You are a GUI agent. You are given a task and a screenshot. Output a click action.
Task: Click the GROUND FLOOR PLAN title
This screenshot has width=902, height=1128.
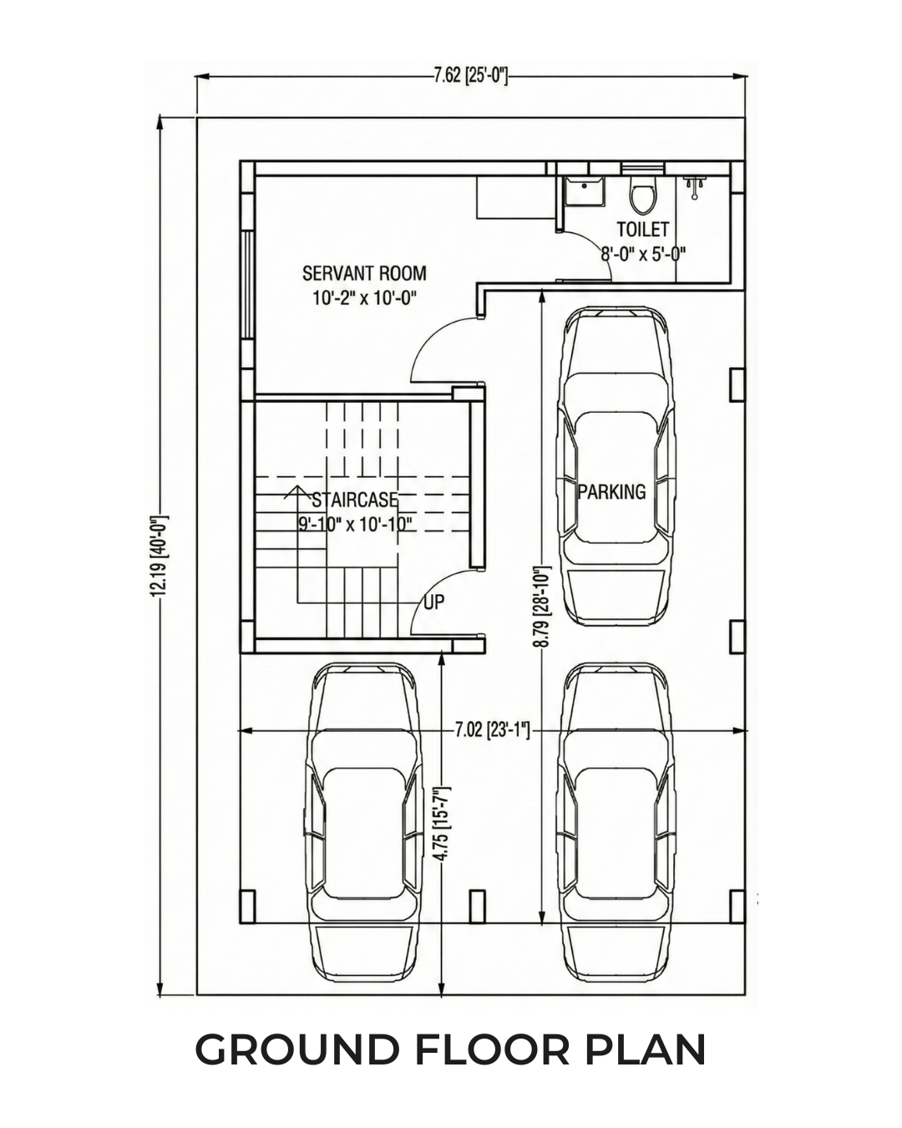451,1049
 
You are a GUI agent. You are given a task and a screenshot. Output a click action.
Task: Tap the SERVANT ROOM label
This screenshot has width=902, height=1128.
364,273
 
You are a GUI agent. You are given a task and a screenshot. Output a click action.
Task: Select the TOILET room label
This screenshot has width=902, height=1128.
642,229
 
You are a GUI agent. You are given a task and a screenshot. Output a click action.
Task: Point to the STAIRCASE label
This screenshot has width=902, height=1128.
354,500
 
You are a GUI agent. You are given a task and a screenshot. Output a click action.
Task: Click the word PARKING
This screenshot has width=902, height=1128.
611,491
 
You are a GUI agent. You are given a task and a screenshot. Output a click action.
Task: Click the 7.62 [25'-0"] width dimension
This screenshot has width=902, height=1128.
470,77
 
